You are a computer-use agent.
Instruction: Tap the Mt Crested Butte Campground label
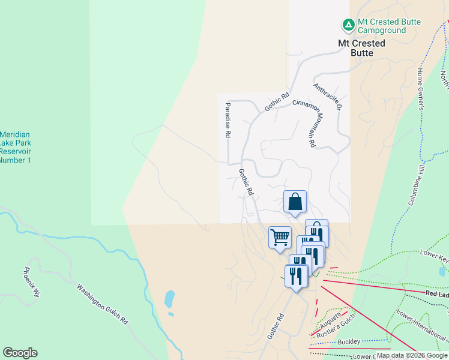(389, 26)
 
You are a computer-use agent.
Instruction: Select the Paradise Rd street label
(228, 121)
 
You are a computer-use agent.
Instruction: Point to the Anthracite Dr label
(327, 97)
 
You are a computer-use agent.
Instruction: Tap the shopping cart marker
(280, 238)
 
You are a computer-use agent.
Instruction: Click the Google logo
(20, 353)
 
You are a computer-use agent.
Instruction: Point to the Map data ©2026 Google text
(411, 355)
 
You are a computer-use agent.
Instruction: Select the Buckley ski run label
(349, 342)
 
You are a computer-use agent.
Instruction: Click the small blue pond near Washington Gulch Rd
(169, 298)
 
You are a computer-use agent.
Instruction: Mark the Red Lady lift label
(436, 294)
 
